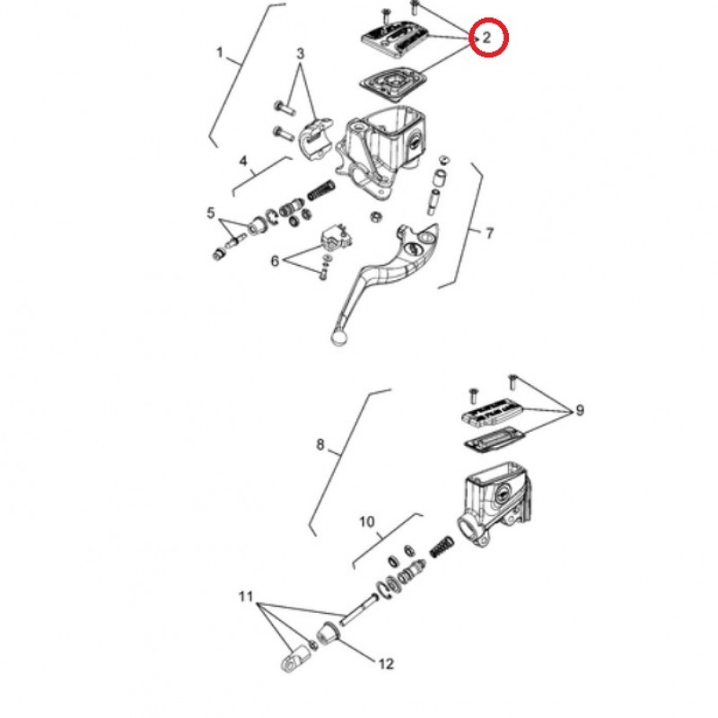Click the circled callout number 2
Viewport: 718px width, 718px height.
click(x=486, y=37)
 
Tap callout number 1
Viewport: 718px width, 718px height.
click(x=220, y=53)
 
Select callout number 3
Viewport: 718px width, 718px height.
click(x=300, y=54)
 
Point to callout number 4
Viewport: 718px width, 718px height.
click(x=243, y=161)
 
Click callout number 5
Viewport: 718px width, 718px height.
click(x=211, y=213)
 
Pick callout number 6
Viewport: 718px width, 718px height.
click(x=275, y=261)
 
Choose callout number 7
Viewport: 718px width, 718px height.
click(x=489, y=233)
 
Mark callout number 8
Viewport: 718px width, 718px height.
click(x=320, y=444)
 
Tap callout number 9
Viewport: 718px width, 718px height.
click(x=580, y=410)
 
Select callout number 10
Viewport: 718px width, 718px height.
click(x=367, y=521)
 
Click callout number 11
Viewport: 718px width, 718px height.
click(x=246, y=597)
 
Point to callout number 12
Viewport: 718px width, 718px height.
click(x=386, y=663)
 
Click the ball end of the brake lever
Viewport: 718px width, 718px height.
click(x=338, y=339)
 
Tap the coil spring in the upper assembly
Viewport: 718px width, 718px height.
click(x=321, y=190)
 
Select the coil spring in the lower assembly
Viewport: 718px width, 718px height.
click(x=442, y=547)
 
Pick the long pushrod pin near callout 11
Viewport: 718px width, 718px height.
click(x=358, y=609)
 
